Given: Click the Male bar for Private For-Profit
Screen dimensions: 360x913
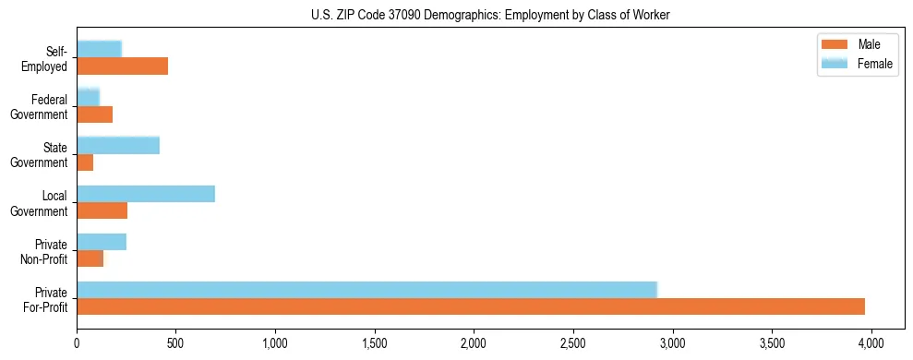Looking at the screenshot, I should [471, 306].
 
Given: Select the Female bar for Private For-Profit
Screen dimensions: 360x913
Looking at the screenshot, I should [366, 290].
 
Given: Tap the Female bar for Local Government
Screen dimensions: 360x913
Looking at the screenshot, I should [146, 194].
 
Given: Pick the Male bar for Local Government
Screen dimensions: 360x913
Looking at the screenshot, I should [102, 210].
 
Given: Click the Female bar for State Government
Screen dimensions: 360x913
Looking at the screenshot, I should [118, 145].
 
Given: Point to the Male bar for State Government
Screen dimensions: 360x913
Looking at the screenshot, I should [85, 162].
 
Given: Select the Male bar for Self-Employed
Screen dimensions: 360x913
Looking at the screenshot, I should [122, 66].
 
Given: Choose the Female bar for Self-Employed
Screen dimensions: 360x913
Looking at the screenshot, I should [99, 49].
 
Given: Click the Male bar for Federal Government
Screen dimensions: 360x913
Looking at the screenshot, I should [94, 114].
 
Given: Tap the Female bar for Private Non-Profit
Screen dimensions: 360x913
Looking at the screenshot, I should [102, 242].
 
